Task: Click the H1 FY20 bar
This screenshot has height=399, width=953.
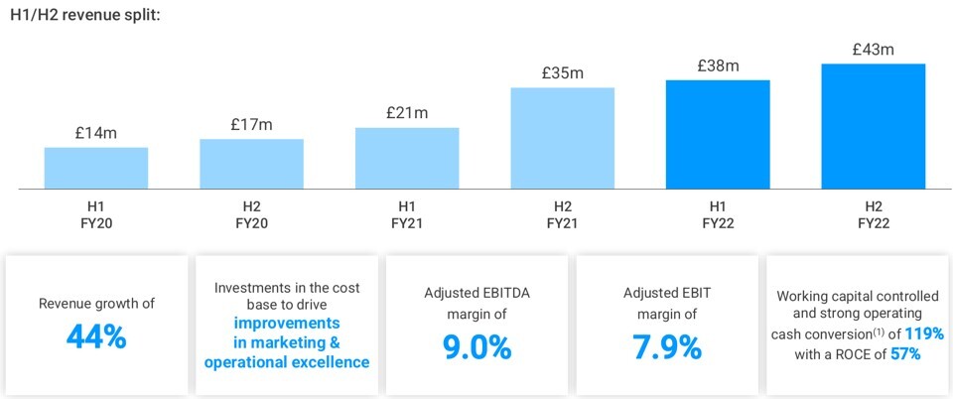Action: [x=96, y=168]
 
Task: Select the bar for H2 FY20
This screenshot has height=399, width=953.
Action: [x=251, y=164]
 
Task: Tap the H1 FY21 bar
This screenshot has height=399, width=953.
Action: [x=407, y=158]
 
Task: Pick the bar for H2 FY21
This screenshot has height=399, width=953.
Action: [x=562, y=138]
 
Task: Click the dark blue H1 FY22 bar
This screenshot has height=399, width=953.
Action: [x=718, y=134]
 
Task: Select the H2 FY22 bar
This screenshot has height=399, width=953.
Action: [x=874, y=126]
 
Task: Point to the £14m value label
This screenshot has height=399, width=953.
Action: [x=96, y=132]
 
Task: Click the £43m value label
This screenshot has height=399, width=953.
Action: [x=874, y=48]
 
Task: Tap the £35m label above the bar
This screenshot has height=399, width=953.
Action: [x=562, y=71]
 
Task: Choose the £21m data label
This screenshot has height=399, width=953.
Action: [x=407, y=112]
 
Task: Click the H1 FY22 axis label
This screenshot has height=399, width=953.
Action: [x=718, y=214]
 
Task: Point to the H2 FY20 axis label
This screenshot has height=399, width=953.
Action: [x=251, y=214]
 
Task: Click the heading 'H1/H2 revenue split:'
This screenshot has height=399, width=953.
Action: [x=84, y=17]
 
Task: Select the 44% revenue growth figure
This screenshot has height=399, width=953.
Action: [x=96, y=336]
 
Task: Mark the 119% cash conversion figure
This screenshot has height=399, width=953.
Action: [x=923, y=333]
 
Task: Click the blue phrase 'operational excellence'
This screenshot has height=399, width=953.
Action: [x=287, y=362]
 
